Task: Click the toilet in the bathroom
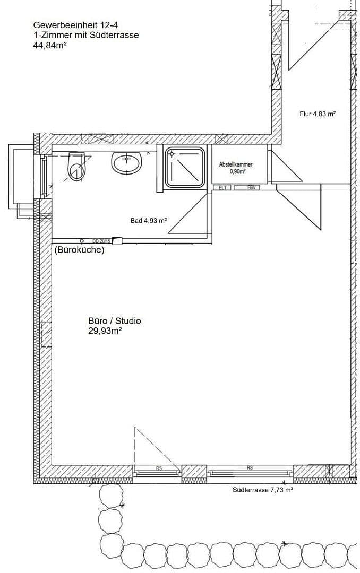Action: click(x=76, y=166)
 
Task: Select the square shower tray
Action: click(x=185, y=167)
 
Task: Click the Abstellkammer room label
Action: click(x=236, y=164)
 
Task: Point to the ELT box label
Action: click(x=222, y=187)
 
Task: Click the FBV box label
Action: click(x=251, y=187)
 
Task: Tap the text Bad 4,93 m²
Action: click(x=149, y=221)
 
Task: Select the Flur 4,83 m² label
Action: click(x=318, y=114)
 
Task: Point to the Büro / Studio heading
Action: click(x=115, y=321)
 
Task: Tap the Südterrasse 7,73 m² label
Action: click(x=263, y=491)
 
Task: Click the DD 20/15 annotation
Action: click(x=102, y=241)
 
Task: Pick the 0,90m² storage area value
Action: click(x=237, y=171)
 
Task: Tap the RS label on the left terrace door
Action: click(x=158, y=468)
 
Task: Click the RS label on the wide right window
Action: click(x=250, y=467)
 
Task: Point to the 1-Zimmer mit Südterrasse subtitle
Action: click(x=85, y=36)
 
